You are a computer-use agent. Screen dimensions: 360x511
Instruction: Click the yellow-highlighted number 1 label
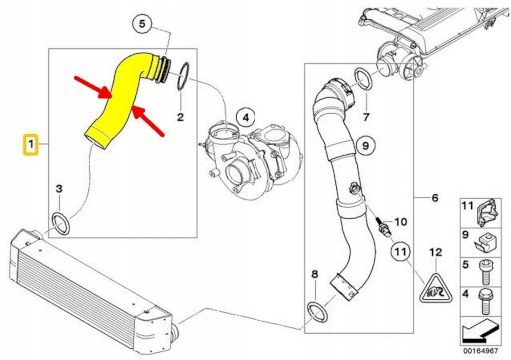pos(32,145)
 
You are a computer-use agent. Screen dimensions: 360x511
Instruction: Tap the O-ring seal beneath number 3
pos(61,220)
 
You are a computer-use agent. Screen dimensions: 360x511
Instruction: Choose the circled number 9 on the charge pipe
pos(365,146)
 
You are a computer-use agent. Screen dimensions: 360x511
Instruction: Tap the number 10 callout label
pos(402,221)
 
